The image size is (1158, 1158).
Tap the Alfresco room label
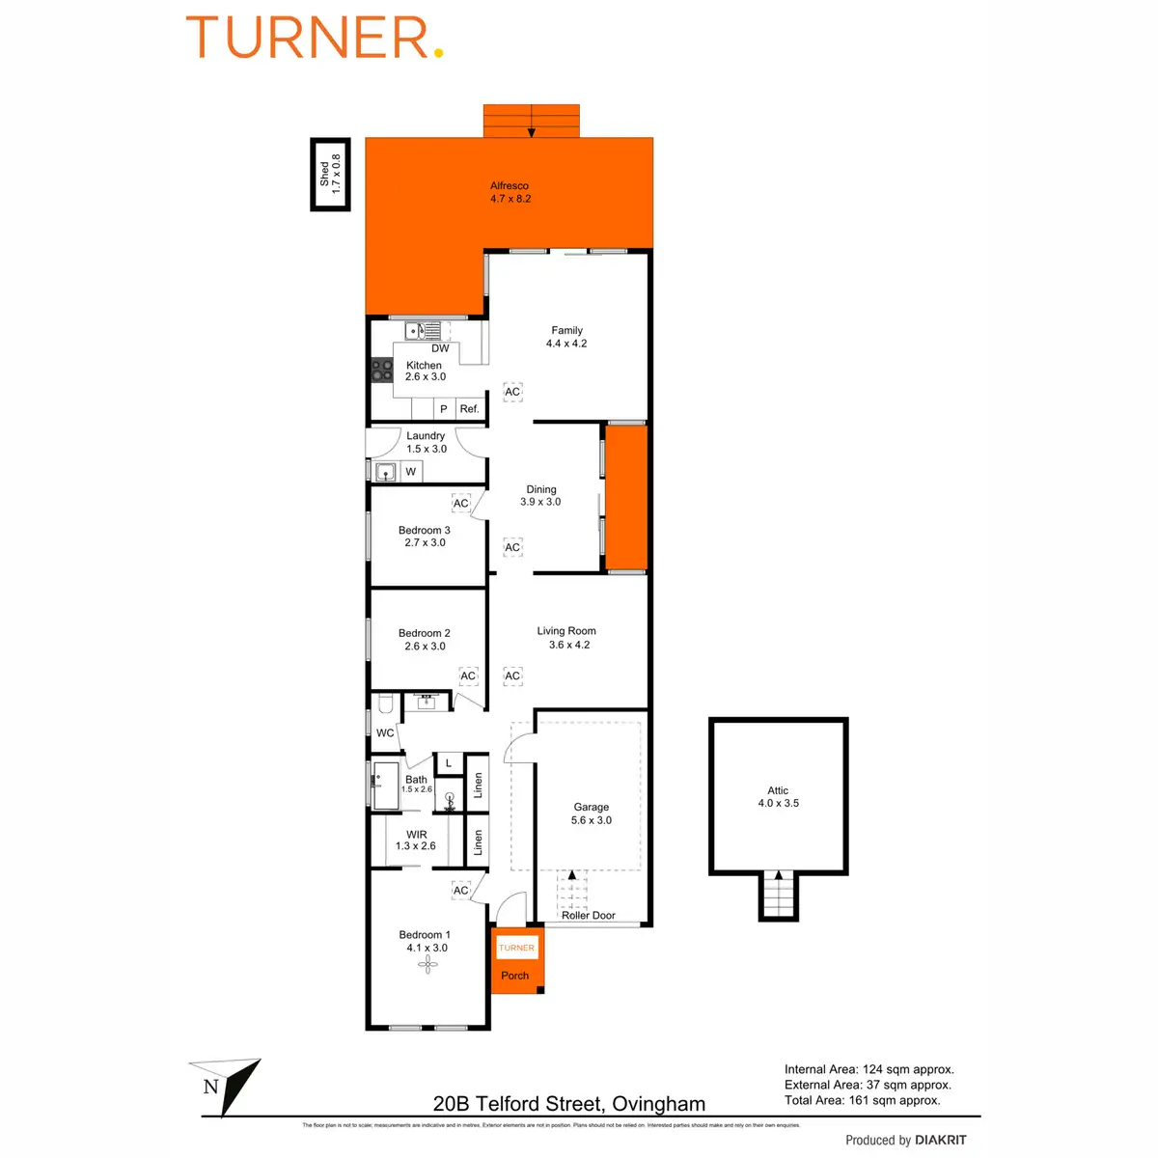510,186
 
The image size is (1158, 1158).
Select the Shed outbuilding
330,175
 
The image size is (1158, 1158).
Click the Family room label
566,330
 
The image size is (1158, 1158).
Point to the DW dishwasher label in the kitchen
440,348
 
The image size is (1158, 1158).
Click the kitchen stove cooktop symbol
382,372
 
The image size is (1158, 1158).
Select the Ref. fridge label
469,409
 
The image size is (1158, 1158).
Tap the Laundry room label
426,436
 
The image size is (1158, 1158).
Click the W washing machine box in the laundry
411,472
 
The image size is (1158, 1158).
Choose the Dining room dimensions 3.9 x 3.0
540,502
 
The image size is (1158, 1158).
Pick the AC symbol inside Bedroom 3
461,504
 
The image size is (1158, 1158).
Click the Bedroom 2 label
425,634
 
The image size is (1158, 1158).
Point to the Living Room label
566,631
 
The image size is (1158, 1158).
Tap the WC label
385,733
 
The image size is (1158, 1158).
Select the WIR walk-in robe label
417,835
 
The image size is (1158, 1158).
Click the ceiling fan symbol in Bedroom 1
428,962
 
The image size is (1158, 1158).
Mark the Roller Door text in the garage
589,916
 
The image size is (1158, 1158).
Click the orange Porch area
516,975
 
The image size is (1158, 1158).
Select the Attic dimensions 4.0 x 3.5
778,803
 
